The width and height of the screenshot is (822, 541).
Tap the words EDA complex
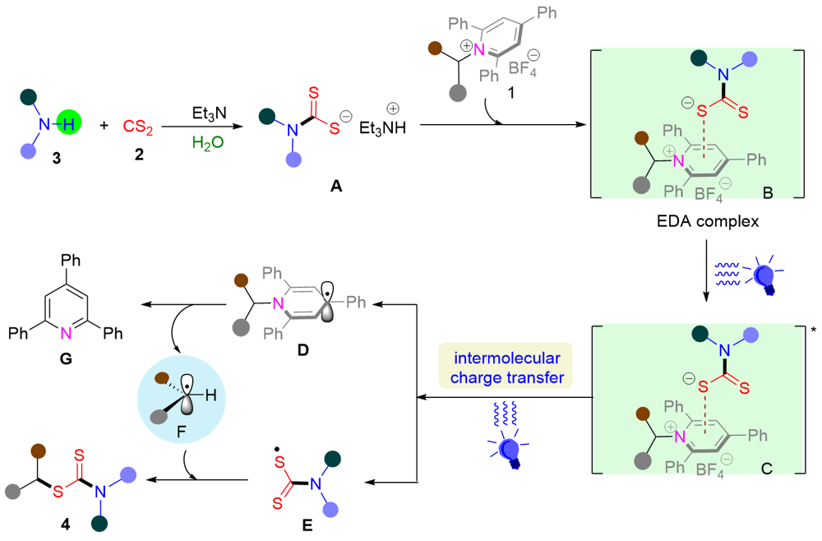point(705,222)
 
